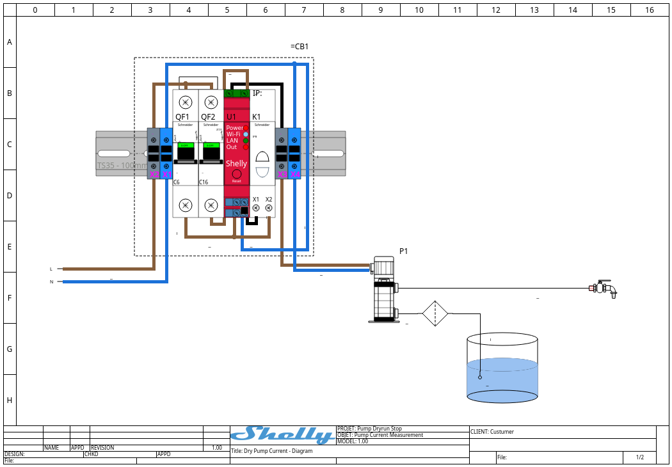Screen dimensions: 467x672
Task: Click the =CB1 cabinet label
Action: tap(300, 47)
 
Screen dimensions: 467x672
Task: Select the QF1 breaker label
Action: tap(182, 117)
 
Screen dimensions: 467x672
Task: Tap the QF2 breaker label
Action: tap(208, 117)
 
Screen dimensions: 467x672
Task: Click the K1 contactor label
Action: tap(257, 117)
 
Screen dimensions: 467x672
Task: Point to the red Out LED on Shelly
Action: tap(246, 147)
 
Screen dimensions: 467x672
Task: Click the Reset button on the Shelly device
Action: tap(236, 174)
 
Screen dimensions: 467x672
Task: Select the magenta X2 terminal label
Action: tap(154, 175)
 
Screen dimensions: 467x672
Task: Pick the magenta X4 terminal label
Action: tap(294, 175)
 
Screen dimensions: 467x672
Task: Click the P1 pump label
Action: tap(404, 251)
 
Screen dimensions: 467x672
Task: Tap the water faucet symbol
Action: tap(604, 289)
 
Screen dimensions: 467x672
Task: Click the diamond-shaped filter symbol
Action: tap(434, 314)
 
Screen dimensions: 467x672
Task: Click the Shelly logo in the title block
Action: tap(282, 435)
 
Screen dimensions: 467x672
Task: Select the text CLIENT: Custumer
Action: tap(492, 432)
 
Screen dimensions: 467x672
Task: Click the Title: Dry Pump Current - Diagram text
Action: tap(272, 451)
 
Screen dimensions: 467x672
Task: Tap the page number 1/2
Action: tap(640, 457)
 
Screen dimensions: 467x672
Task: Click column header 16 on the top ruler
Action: tap(650, 10)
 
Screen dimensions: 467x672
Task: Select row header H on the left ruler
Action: tap(10, 400)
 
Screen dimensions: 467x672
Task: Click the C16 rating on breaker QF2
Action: tap(204, 182)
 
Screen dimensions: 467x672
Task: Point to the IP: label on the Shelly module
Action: tap(257, 93)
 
